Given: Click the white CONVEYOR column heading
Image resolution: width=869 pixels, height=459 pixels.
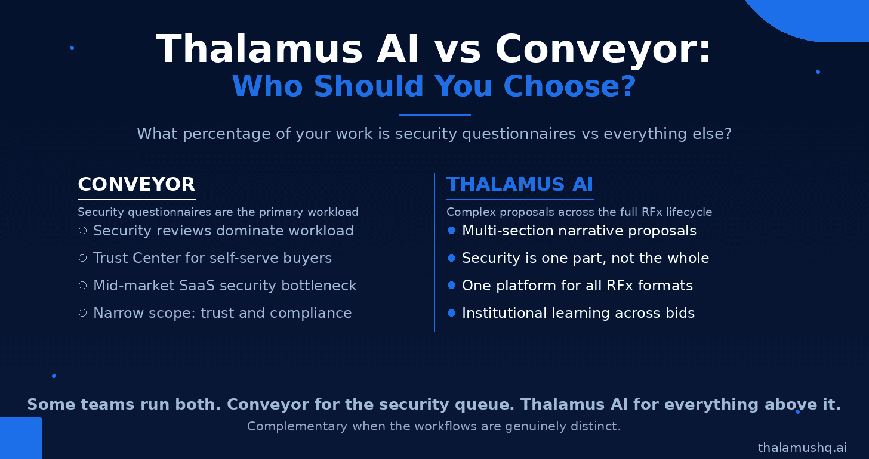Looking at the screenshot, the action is (x=136, y=184).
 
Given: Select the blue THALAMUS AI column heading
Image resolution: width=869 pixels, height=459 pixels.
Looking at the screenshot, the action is (x=520, y=184).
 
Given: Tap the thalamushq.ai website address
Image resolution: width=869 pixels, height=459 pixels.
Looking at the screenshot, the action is (x=802, y=448).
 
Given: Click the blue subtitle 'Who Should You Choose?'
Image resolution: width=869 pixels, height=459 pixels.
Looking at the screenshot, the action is (x=434, y=86).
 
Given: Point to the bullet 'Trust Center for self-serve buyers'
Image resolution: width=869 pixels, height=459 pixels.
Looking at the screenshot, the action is (x=212, y=258).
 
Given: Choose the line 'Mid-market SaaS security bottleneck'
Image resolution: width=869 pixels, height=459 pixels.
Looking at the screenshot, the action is (x=224, y=286).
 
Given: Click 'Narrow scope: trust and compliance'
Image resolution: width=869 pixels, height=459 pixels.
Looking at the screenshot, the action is (x=222, y=313).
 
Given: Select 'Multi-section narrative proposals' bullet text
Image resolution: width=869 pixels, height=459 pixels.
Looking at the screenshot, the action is (x=579, y=231).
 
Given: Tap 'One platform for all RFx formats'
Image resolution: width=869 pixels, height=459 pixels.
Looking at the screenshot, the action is (x=577, y=286).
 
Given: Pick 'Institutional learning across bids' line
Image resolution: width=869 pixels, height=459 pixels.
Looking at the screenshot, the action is (x=578, y=313).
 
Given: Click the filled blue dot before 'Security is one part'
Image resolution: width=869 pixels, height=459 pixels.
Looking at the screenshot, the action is (x=451, y=258).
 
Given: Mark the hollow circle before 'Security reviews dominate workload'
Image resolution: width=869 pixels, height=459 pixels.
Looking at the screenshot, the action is (x=82, y=231).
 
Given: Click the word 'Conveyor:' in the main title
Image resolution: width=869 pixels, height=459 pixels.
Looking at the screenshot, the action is (x=603, y=49).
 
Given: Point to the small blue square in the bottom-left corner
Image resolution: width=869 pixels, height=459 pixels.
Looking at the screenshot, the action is (x=21, y=438).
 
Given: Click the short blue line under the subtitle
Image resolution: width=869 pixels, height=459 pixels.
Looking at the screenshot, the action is (x=434, y=115).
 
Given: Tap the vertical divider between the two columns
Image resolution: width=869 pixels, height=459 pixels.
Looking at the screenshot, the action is (x=435, y=252).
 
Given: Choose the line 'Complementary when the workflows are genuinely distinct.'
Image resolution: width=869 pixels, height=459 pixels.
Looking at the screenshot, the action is (x=434, y=426).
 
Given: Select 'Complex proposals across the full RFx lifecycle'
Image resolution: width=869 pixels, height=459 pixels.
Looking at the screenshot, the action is (x=579, y=212).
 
